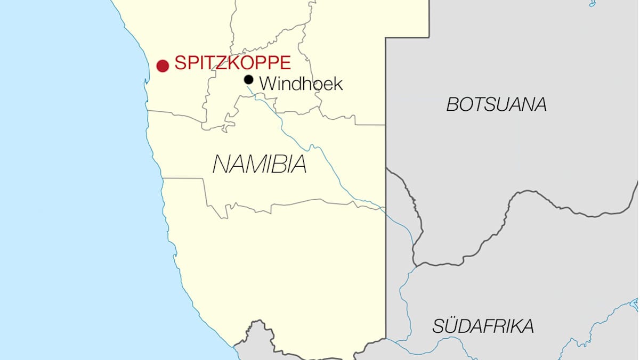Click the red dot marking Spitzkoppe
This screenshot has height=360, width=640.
click(x=163, y=66)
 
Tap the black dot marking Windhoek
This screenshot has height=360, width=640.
click(x=248, y=80)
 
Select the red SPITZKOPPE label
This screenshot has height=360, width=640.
click(x=233, y=63)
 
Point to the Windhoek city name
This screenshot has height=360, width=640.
click(x=301, y=84)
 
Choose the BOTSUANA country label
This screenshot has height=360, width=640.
click(x=496, y=105)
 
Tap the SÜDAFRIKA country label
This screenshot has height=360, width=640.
click(x=483, y=326)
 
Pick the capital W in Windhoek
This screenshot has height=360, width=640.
click(x=268, y=84)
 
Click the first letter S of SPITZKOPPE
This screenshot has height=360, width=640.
click(x=180, y=63)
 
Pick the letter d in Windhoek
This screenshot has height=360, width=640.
click(x=296, y=84)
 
